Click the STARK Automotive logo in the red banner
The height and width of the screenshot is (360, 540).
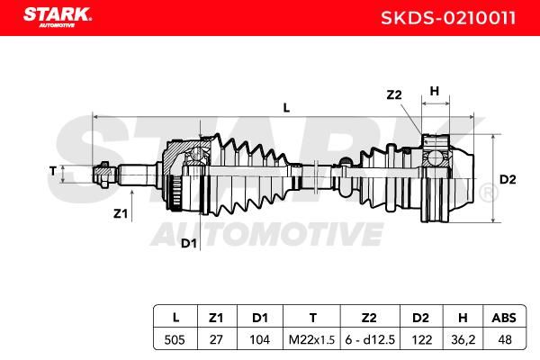click(x=58, y=17)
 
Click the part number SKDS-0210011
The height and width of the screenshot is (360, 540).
click(x=448, y=18)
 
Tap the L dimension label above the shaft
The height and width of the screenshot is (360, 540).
click(x=286, y=108)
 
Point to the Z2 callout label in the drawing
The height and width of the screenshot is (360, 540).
click(x=394, y=94)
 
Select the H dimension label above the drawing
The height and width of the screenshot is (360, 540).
click(x=435, y=91)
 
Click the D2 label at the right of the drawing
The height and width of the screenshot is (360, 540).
click(x=508, y=179)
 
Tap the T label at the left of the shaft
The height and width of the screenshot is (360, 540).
click(x=53, y=171)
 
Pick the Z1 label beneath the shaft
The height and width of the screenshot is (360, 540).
click(x=121, y=214)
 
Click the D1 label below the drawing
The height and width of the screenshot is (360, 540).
click(x=189, y=244)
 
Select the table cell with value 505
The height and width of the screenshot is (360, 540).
click(x=175, y=339)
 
